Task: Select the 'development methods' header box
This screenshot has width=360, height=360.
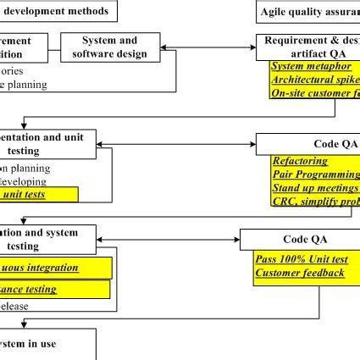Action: (58, 11)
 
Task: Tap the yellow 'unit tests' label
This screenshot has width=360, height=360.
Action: (38, 194)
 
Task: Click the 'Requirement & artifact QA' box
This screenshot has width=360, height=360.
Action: (307, 47)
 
